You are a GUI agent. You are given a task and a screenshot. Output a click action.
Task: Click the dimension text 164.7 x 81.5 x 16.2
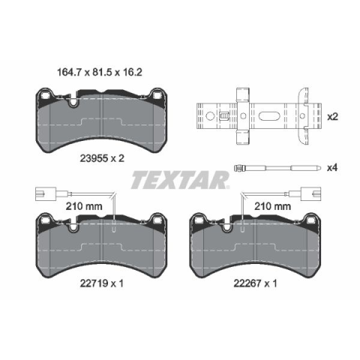pos(100,73)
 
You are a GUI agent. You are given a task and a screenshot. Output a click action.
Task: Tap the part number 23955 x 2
pos(102,158)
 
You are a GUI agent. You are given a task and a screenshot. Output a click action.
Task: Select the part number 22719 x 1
pos(102,283)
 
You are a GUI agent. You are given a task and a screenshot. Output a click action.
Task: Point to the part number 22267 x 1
pos(255,283)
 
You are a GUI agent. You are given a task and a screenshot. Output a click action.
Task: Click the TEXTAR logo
pos(180,180)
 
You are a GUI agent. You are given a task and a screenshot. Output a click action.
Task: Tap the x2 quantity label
pos(332,116)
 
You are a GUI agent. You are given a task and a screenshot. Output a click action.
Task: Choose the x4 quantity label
pos(332,167)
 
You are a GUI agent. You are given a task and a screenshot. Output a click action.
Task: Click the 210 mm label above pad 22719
pos(84,206)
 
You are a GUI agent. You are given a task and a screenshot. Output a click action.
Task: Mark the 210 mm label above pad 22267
pos(272,206)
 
